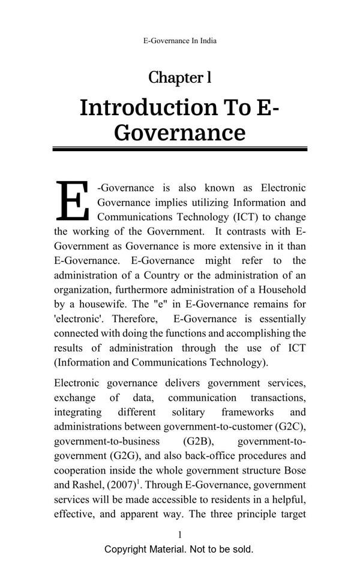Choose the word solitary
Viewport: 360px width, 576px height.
(x=188, y=412)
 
